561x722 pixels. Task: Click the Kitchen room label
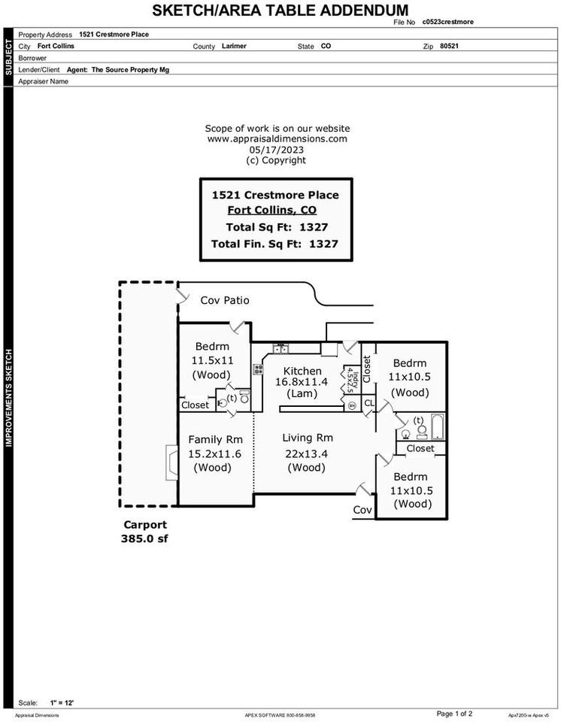pos(302,372)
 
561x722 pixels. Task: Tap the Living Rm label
pos(307,438)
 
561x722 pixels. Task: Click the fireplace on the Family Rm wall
pos(172,460)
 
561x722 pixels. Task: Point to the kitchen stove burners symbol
pos(258,369)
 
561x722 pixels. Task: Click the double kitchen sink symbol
pos(281,348)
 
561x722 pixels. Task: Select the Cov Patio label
pos(225,301)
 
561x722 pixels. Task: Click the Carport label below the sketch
pos(144,525)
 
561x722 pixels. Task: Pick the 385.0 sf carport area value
pos(144,538)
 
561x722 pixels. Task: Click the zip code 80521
pos(449,46)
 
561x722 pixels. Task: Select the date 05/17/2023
pos(276,150)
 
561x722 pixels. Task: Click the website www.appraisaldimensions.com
pos(277,139)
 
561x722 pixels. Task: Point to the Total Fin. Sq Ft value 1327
pos(323,244)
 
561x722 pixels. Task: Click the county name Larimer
pos(235,46)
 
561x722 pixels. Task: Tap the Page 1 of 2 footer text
pos(454,713)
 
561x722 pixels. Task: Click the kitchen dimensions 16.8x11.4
pos(302,382)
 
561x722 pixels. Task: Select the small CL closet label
pos(368,404)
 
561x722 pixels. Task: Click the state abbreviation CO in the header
pos(326,46)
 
